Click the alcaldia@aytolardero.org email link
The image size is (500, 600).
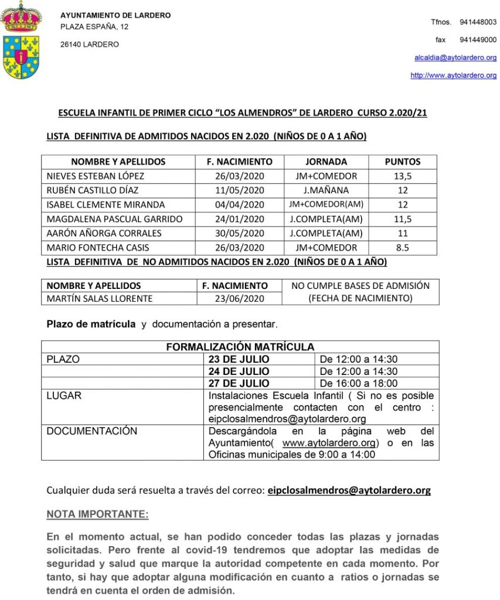pyautogui.click(x=455, y=57)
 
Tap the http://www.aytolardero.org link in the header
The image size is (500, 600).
pyautogui.click(x=453, y=76)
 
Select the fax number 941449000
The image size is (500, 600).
pyautogui.click(x=478, y=40)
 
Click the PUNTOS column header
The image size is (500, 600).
pyautogui.click(x=402, y=162)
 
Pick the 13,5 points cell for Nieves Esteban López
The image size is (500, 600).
pyautogui.click(x=402, y=176)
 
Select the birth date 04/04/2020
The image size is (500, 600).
pyautogui.click(x=239, y=204)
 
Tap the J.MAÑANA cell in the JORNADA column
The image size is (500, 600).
pyautogui.click(x=326, y=190)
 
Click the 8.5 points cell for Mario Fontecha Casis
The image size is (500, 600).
pyautogui.click(x=402, y=247)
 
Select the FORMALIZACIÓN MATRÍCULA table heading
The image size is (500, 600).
pyautogui.click(x=240, y=347)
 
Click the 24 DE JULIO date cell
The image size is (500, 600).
pyautogui.click(x=239, y=371)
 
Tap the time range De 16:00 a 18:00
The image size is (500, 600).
pyautogui.click(x=358, y=383)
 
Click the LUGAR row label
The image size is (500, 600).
pyautogui.click(x=64, y=396)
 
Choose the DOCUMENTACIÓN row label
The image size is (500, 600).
pyautogui.click(x=91, y=431)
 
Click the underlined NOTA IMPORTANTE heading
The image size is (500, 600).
pyautogui.click(x=97, y=514)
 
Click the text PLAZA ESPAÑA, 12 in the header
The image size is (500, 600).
pyautogui.click(x=94, y=27)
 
